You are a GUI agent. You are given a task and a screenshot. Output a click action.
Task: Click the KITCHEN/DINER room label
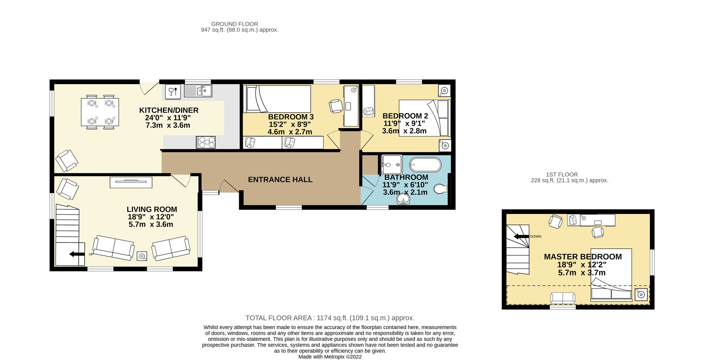click(169, 110)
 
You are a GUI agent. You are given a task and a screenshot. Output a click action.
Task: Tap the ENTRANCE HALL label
click(280, 180)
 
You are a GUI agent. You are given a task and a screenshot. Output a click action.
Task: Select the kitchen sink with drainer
click(198, 91)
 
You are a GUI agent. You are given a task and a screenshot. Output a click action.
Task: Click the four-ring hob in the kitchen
click(206, 142)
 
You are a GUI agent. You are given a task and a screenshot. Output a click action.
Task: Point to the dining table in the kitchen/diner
click(100, 112)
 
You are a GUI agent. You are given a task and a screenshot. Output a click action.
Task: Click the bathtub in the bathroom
click(425, 165)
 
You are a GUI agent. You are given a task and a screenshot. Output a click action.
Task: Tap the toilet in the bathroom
click(441, 189)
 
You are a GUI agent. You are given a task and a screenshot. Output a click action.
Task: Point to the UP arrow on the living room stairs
click(77, 254)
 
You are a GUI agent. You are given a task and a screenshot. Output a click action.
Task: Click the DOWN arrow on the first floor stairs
click(521, 236)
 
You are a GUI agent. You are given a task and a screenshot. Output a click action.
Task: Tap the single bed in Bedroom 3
click(277, 99)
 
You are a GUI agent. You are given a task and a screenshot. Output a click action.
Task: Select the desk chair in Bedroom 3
click(336, 106)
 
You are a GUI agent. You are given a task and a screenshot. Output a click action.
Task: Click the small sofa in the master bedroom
click(562, 298)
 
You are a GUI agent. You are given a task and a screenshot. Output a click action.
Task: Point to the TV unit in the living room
click(131, 182)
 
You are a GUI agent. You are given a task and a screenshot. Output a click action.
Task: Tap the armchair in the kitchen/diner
click(67, 160)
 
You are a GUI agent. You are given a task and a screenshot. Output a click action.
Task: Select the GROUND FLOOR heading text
click(234, 24)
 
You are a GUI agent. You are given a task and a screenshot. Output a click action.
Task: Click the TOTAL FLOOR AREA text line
click(330, 318)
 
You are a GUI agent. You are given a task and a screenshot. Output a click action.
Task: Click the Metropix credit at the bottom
click(330, 357)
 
